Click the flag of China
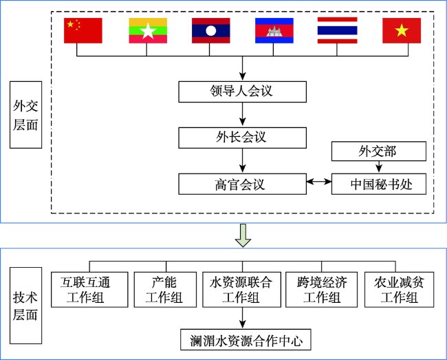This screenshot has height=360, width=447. [x=83, y=30]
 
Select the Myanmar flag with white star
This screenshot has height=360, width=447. [x=148, y=30]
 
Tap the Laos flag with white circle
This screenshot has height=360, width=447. [x=211, y=30]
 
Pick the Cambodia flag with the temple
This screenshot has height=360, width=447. [x=274, y=30]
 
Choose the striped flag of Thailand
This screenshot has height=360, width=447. [x=338, y=30]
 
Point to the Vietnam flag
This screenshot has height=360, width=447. [x=402, y=30]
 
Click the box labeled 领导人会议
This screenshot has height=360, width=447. [x=243, y=92]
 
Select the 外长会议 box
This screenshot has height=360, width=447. [x=243, y=138]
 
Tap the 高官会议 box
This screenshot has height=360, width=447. [x=243, y=184]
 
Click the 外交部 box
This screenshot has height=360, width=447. [x=379, y=151]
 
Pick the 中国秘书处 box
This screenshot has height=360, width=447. [x=379, y=184]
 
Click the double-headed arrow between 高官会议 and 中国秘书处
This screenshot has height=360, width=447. [x=319, y=182]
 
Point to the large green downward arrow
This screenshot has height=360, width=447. [x=243, y=235]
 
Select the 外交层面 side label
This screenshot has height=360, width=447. [x=26, y=115]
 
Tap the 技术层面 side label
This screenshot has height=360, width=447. [x=26, y=306]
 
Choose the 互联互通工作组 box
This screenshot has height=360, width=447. [x=89, y=290]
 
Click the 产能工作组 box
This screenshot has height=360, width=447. [x=165, y=290]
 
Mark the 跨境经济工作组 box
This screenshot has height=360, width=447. [x=322, y=290]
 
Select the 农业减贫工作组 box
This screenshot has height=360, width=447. [x=400, y=290]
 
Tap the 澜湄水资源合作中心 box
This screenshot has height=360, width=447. [x=246, y=340]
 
